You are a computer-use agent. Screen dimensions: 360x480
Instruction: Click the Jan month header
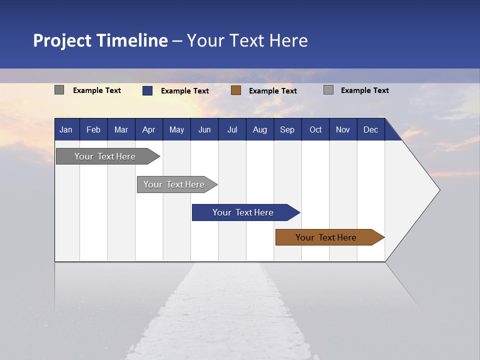coord(66,129)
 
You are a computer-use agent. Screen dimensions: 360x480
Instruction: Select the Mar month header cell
coord(121,129)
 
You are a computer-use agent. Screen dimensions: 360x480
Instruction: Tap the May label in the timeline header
coord(176,129)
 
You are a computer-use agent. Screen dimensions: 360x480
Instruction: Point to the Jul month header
coord(232,129)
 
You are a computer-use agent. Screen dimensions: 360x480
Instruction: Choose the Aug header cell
coord(260,129)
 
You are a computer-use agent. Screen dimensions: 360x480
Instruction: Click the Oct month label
coord(315,129)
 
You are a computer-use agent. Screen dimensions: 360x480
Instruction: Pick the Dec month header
coord(370,129)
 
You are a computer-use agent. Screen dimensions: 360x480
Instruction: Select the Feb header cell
coord(93,129)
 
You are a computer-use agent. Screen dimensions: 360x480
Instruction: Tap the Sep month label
coord(287,129)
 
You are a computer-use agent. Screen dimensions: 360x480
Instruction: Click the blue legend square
coord(147,90)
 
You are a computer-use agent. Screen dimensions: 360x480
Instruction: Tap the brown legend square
coord(236,90)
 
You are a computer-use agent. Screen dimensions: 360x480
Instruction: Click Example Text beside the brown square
coord(273,91)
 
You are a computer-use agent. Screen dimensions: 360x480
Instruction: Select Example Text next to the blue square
coord(185,91)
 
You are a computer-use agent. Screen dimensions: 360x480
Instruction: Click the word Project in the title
coord(62,40)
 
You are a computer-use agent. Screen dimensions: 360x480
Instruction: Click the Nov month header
coord(343,129)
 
